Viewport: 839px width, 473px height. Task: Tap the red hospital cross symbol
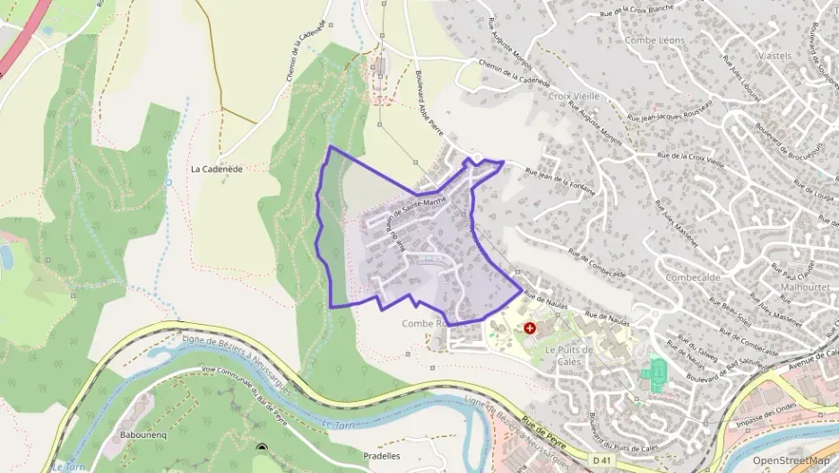(x=530, y=329)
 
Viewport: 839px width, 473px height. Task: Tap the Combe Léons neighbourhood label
(x=654, y=40)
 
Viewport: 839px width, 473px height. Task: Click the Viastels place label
(x=774, y=55)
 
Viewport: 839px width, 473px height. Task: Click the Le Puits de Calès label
(x=569, y=355)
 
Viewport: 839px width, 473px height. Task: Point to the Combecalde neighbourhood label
(x=695, y=277)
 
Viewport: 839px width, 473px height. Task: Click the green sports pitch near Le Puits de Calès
(x=658, y=372)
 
